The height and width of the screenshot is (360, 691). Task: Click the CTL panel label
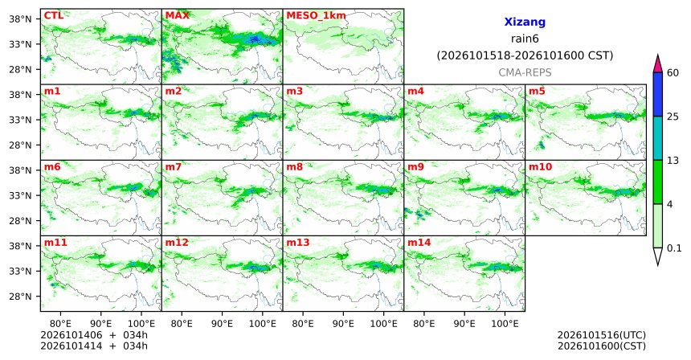[53, 16]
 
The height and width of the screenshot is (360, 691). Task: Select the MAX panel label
[177, 16]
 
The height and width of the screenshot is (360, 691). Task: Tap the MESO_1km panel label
[316, 16]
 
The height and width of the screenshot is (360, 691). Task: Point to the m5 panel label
[537, 92]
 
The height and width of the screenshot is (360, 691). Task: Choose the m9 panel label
[415, 167]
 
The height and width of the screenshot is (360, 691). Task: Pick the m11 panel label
[55, 243]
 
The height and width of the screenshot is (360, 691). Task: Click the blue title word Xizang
[525, 22]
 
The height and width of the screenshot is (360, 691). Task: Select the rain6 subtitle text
[525, 39]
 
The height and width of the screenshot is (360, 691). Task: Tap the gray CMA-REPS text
[525, 72]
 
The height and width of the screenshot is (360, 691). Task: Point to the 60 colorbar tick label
[673, 73]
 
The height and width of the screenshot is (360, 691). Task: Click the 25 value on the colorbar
[673, 117]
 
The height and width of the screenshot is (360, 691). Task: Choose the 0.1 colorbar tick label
[674, 248]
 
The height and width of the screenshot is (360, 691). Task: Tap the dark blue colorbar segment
[658, 94]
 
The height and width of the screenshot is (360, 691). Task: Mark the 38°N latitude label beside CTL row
[20, 19]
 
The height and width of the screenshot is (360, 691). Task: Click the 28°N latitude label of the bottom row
[20, 297]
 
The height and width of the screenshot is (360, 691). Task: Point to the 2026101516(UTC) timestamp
[602, 336]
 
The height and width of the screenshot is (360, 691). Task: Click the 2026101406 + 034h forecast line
[94, 335]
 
